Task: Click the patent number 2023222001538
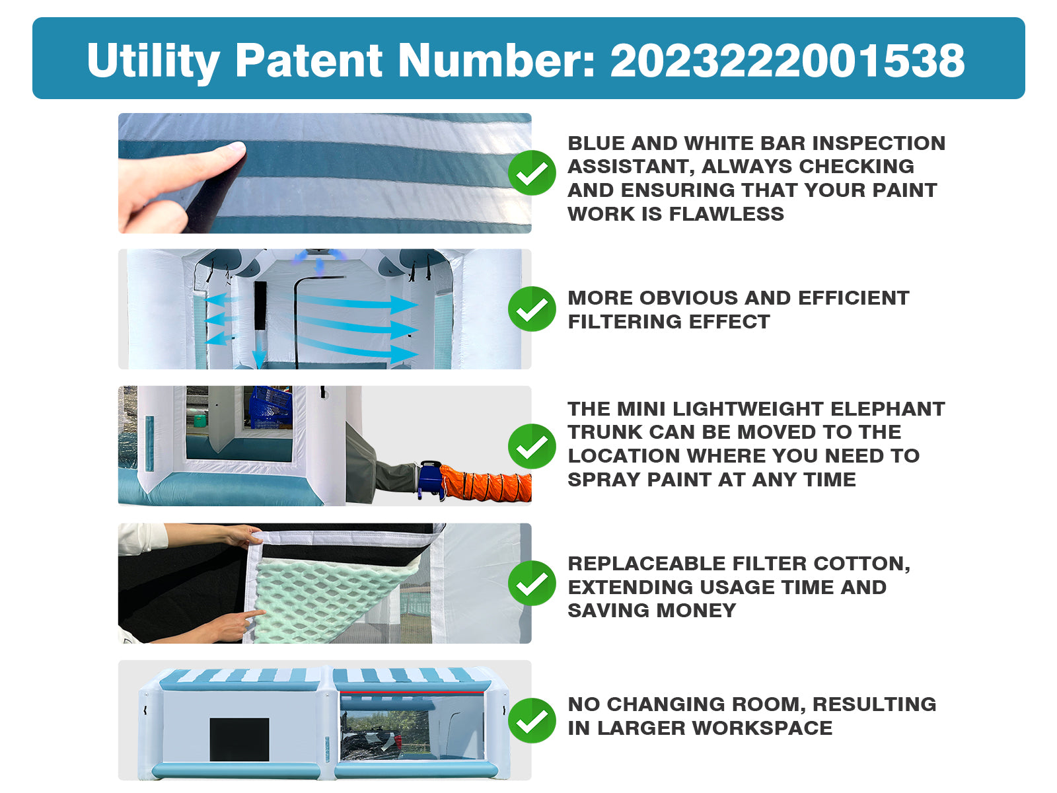pos(787,60)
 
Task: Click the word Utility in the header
pos(153,61)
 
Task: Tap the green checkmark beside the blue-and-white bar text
pos(532,172)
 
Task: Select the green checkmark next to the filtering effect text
pos(532,309)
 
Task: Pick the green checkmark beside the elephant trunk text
pos(532,446)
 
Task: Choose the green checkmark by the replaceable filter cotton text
pos(532,583)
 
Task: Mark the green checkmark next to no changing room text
pos(532,720)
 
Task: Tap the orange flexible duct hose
pos(486,483)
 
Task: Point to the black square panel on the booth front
pos(239,739)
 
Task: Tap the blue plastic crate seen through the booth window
pos(271,407)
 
